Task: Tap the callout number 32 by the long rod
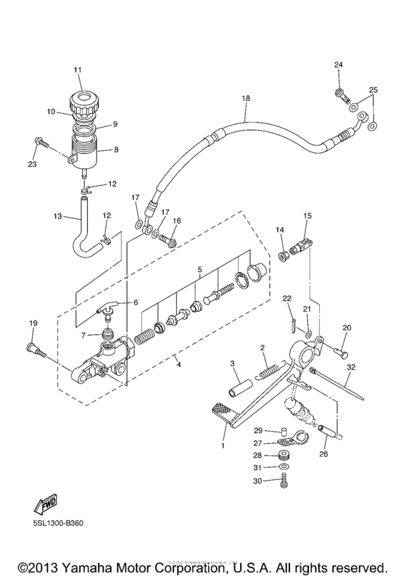(x=349, y=368)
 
